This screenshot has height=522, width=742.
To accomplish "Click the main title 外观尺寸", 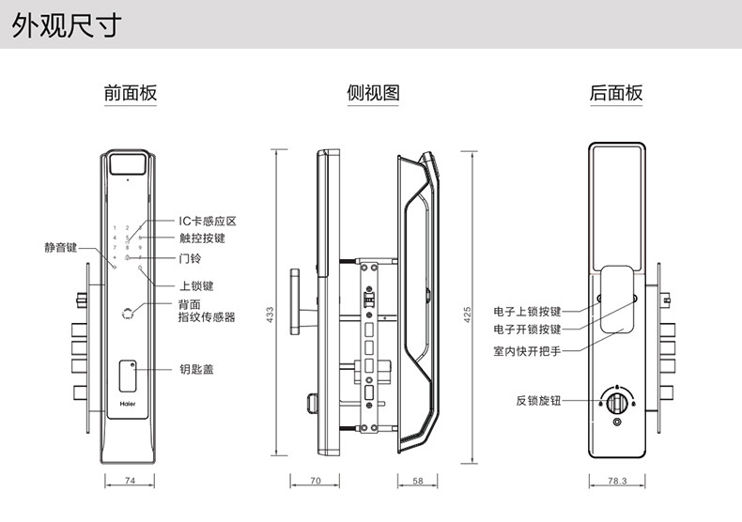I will tap(67, 26).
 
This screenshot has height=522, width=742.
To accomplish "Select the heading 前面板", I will tap(130, 93).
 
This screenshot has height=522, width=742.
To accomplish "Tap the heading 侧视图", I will tap(373, 93).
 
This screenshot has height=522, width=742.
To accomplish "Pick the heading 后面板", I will tap(616, 93).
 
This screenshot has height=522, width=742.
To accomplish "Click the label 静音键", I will tap(61, 248).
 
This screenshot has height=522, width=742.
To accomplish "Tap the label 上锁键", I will tap(196, 285).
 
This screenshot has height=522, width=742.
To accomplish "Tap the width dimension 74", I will tap(130, 482).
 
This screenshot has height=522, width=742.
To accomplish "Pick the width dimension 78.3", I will tap(616, 482).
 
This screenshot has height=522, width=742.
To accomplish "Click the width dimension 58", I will tap(417, 482).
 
